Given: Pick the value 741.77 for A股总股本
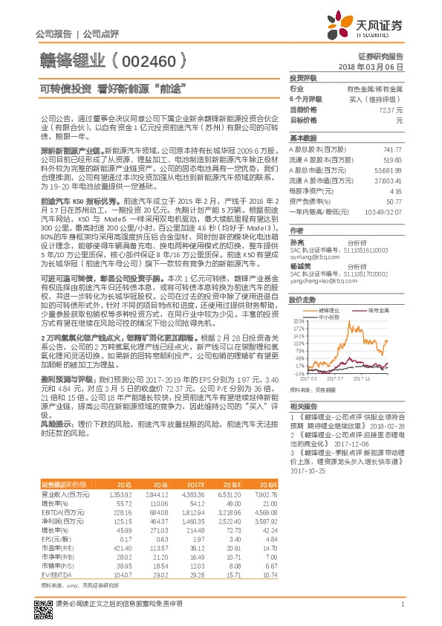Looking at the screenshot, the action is click(393, 149).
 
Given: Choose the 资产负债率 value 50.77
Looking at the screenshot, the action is click(394, 201).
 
